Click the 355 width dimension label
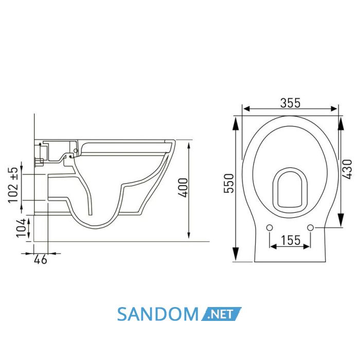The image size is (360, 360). pyautogui.click(x=290, y=103)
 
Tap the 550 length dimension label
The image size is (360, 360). pyautogui.click(x=229, y=183)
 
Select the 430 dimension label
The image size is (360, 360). pyautogui.click(x=347, y=169)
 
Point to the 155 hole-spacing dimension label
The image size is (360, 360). pyautogui.click(x=291, y=240)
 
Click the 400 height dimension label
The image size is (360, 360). pyautogui.click(x=184, y=188)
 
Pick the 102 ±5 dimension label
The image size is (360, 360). pyautogui.click(x=13, y=185)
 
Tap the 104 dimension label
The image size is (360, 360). pyautogui.click(x=22, y=228)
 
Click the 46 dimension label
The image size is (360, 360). pyautogui.click(x=41, y=259)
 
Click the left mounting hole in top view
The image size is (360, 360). pyautogui.click(x=269, y=228)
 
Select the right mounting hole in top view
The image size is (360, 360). pyautogui.click(x=311, y=228)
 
